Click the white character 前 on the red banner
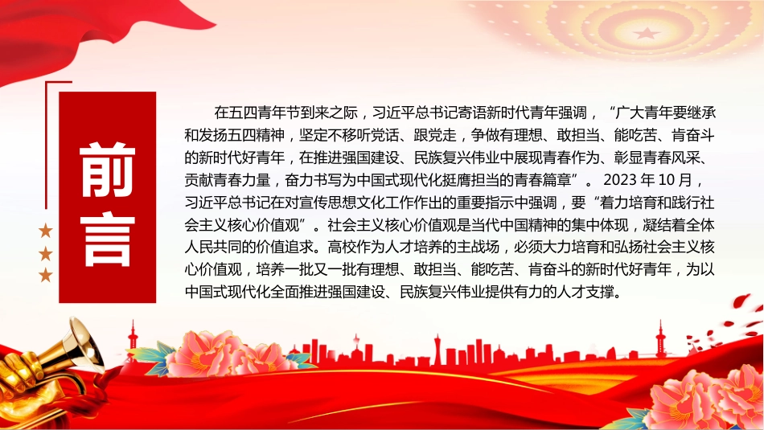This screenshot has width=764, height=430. pyautogui.click(x=107, y=170)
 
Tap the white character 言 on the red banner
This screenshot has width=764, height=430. pyautogui.click(x=107, y=239)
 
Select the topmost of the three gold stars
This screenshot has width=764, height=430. pyautogui.click(x=45, y=231)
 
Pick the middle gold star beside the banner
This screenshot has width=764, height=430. pyautogui.click(x=45, y=253)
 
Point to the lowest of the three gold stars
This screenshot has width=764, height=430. pyautogui.click(x=45, y=275)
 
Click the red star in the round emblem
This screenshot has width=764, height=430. pyautogui.click(x=647, y=33)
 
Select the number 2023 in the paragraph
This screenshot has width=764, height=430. pyautogui.click(x=620, y=180)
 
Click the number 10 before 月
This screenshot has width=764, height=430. pyautogui.click(x=667, y=180)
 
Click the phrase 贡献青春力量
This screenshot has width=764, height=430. pyautogui.click(x=228, y=180)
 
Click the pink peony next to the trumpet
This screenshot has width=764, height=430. pyautogui.click(x=220, y=354)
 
